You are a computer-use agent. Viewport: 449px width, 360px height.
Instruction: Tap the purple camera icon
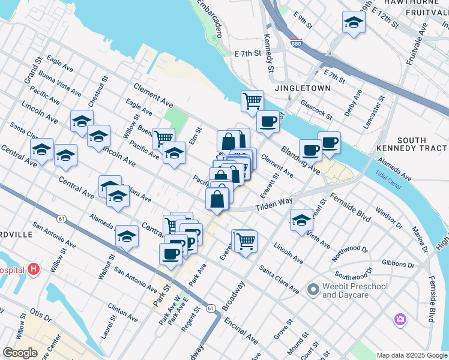point(400,319)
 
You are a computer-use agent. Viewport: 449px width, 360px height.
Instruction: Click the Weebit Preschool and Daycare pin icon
point(312,290)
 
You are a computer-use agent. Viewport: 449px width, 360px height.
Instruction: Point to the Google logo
point(20,353)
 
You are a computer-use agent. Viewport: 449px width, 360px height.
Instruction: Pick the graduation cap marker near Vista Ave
point(301,220)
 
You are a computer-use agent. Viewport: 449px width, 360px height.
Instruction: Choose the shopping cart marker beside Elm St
point(163,139)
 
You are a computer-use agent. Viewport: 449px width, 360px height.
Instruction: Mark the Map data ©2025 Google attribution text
point(412,355)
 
